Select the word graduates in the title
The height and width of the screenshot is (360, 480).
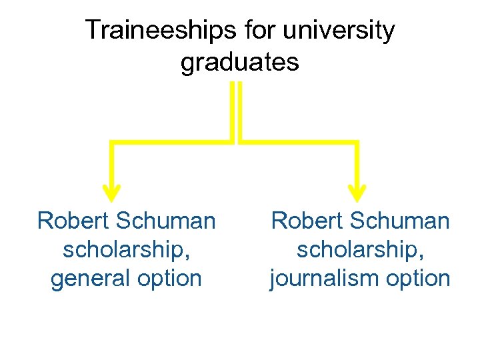coord(239,62)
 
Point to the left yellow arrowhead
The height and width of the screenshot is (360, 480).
coord(112,191)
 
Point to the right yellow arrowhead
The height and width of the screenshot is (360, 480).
coord(358,191)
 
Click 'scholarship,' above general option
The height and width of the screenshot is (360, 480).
coord(126,250)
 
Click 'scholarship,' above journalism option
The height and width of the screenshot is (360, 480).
coord(360,250)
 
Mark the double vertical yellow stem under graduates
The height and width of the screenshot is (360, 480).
coord(235,110)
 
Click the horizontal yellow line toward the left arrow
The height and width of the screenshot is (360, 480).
coord(170,142)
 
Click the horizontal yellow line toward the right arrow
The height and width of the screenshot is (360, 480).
coord(300,142)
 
